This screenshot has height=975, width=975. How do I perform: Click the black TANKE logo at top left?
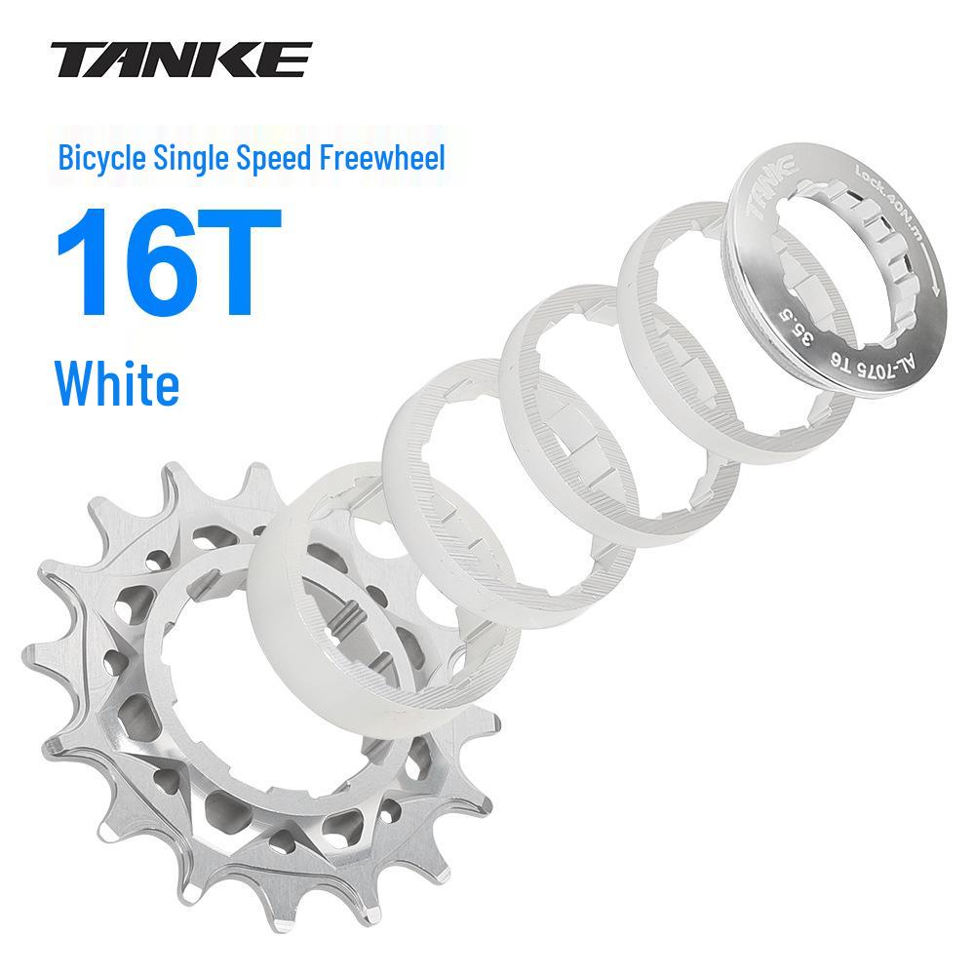coord(180,59)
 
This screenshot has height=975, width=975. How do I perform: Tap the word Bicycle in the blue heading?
coord(102,158)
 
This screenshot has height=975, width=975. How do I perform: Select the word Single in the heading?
coord(192,158)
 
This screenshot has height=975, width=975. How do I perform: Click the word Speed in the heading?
coord(274,157)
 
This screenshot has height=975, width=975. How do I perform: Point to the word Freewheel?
coord(382,157)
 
